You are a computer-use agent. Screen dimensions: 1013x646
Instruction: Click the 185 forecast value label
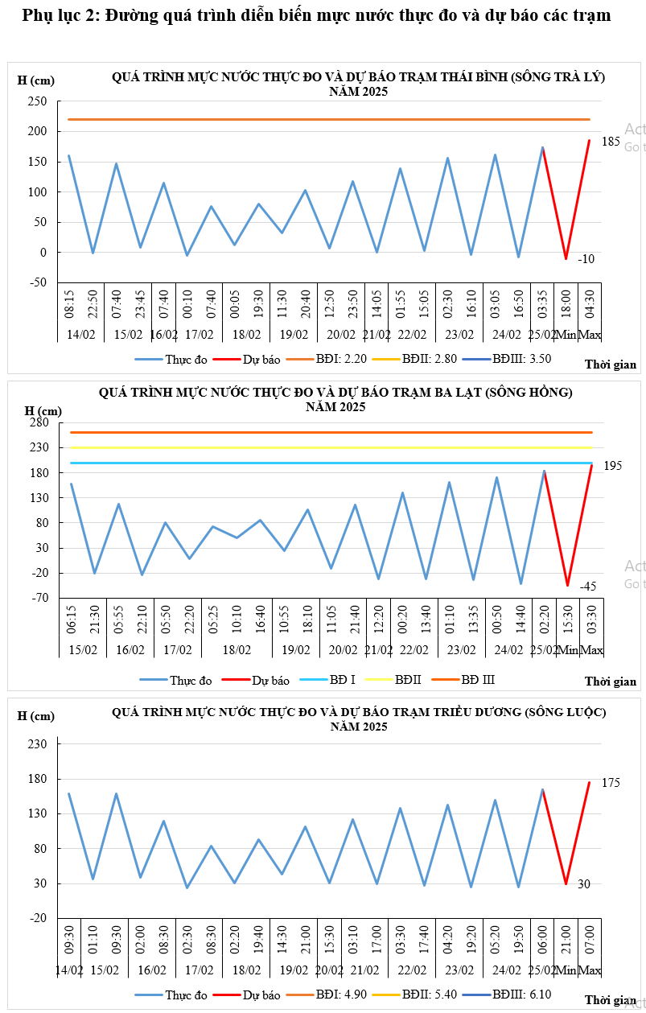tap(611, 142)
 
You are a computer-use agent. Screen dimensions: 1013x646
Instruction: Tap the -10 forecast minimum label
tap(586, 258)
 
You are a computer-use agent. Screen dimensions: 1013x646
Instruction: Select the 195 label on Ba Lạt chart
tap(612, 466)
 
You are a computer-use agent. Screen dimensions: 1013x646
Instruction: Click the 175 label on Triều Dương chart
tap(611, 783)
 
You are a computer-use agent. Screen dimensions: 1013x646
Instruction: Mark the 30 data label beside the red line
tap(584, 884)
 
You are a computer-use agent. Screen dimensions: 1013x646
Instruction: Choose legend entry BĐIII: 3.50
tap(521, 360)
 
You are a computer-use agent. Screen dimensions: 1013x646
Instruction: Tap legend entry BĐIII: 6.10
tap(521, 995)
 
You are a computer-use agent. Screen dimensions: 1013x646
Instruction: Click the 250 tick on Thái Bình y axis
tap(38, 101)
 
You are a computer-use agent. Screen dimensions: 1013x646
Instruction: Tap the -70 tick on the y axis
tap(40, 599)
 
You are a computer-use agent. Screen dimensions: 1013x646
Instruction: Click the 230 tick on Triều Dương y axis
tap(38, 744)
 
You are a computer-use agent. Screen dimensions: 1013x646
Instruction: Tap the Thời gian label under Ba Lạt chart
tap(611, 682)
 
